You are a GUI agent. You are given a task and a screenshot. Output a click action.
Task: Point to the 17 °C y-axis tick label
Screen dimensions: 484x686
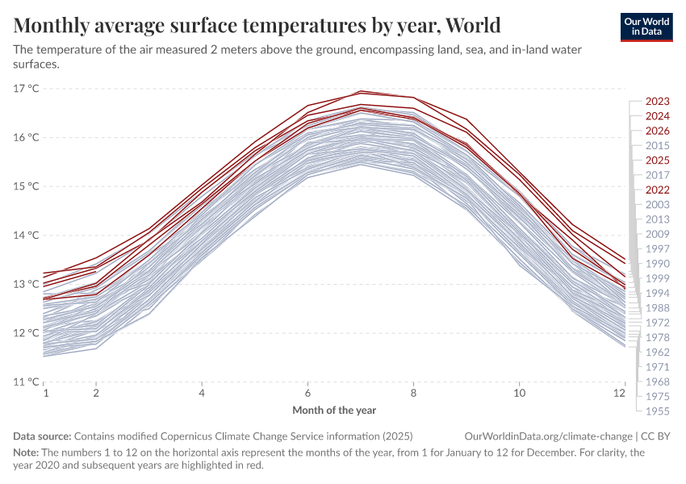27,88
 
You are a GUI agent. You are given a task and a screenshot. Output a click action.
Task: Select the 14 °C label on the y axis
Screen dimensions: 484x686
27,235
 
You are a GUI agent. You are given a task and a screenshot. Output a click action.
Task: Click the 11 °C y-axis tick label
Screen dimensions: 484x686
27,382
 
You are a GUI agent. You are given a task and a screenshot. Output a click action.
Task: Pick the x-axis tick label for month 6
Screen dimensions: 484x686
307,393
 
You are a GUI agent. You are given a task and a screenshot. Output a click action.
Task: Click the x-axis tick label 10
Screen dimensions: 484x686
520,393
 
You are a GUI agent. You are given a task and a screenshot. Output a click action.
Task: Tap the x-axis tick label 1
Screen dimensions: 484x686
45,393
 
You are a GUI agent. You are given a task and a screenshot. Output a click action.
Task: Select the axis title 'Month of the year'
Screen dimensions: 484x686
334,410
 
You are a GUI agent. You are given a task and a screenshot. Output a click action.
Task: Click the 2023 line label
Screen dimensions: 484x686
658,102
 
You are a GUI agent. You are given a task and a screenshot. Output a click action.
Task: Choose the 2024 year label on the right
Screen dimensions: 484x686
658,116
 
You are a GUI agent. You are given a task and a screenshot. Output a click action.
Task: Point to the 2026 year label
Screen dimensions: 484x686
658,131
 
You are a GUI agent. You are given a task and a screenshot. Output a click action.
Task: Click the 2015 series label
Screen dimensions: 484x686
658,145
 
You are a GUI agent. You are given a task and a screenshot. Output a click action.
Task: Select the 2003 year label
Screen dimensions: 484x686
658,205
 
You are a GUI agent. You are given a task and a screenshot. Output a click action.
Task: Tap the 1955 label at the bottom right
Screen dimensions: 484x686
658,411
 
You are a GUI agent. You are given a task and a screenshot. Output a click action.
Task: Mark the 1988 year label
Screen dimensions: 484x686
658,307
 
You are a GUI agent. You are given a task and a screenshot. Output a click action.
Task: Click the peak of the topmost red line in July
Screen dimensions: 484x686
362,90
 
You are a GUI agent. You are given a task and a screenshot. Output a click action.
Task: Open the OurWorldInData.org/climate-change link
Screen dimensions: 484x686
544,436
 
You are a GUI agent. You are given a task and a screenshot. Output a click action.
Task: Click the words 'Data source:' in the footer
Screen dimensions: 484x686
42,436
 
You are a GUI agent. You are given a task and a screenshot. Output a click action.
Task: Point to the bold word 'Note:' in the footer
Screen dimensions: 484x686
27,453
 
